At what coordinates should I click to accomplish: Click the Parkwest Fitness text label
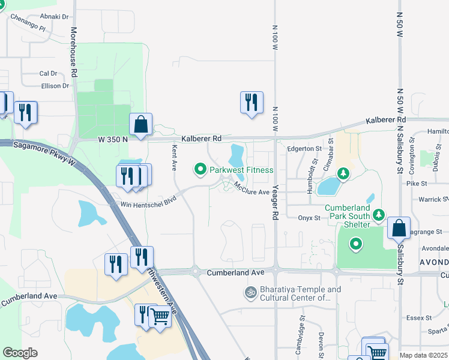(241, 170)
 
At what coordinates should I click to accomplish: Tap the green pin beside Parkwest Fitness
(200, 170)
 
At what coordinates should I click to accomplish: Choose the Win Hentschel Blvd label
(149, 200)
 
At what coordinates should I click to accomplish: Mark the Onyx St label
(309, 218)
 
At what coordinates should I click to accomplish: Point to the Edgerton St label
(305, 148)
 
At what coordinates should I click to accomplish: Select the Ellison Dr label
(55, 86)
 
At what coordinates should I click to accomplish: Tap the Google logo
(20, 352)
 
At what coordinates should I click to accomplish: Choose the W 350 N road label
(114, 139)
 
